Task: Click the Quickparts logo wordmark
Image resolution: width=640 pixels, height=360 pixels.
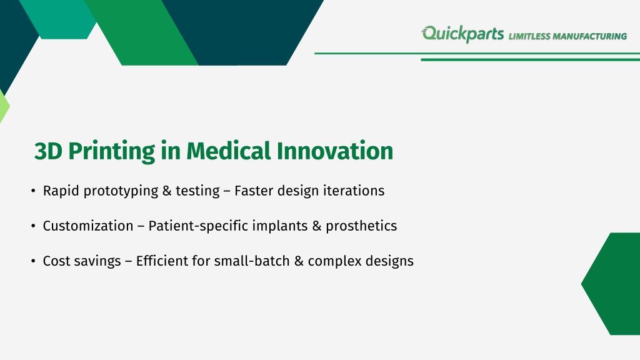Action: [x=462, y=34]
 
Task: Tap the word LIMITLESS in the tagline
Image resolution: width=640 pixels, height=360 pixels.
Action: [x=529, y=36]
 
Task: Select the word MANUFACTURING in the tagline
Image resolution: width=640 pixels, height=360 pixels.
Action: [x=590, y=36]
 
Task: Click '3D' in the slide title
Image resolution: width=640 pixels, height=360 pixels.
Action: [x=48, y=151]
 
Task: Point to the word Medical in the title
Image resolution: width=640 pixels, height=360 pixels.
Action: [x=229, y=151]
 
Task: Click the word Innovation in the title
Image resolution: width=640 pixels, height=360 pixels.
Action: [x=335, y=151]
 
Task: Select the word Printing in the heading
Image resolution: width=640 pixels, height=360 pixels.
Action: [x=111, y=151]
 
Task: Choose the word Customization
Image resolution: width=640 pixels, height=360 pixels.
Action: [x=88, y=226]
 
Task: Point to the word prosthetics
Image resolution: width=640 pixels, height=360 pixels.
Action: [x=361, y=226]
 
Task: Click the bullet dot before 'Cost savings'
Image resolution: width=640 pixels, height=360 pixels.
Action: [x=34, y=261]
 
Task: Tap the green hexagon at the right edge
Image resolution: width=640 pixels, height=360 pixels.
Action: [x=612, y=284]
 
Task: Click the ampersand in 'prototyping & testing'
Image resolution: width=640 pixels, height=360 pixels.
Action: [x=166, y=191]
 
